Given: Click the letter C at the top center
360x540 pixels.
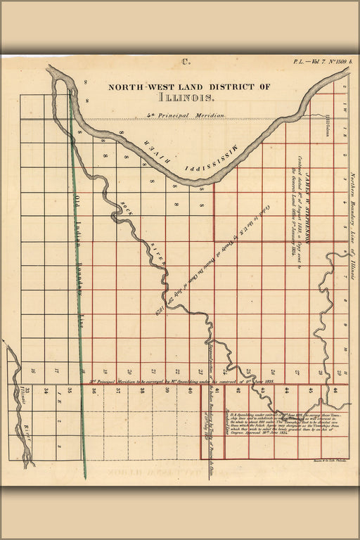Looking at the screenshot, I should (x=186, y=62).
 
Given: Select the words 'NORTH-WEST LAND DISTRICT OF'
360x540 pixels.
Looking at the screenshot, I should (x=188, y=87).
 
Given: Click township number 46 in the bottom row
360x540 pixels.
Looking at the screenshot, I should (x=335, y=390).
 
